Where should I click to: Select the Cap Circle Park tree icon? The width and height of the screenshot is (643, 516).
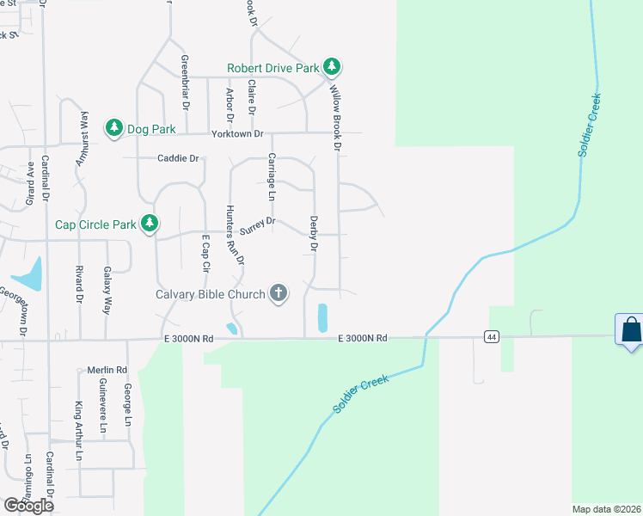pyautogui.click(x=150, y=224)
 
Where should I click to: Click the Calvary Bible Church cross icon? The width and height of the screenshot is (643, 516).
pyautogui.click(x=278, y=294)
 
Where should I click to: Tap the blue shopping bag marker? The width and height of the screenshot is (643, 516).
pyautogui.click(x=630, y=330)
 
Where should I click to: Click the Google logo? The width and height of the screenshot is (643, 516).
pyautogui.click(x=28, y=506)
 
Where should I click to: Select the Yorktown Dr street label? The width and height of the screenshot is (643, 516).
pyautogui.click(x=238, y=133)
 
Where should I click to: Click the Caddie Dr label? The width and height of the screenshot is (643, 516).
pyautogui.click(x=178, y=158)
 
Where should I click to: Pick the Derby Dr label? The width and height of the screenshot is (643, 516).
pyautogui.click(x=314, y=234)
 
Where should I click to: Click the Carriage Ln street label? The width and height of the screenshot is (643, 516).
pyautogui.click(x=272, y=176)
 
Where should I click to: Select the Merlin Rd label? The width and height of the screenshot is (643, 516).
pyautogui.click(x=107, y=371)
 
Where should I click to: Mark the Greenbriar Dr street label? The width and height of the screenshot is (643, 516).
pyautogui.click(x=185, y=83)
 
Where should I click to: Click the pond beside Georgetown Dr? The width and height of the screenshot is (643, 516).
pyautogui.click(x=28, y=275)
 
